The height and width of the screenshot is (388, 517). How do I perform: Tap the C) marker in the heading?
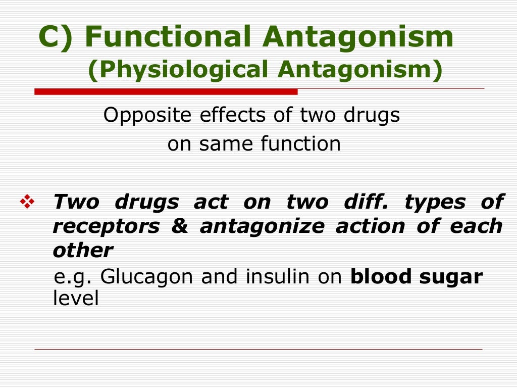tap(57, 38)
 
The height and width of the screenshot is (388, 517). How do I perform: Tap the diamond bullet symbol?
tap(26, 203)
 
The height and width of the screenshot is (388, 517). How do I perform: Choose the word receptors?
tap(106, 227)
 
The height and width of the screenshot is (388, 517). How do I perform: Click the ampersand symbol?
tap(179, 226)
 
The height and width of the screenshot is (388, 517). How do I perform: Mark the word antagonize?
tap(262, 227)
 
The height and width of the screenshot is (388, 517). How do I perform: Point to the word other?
tap(83, 251)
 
